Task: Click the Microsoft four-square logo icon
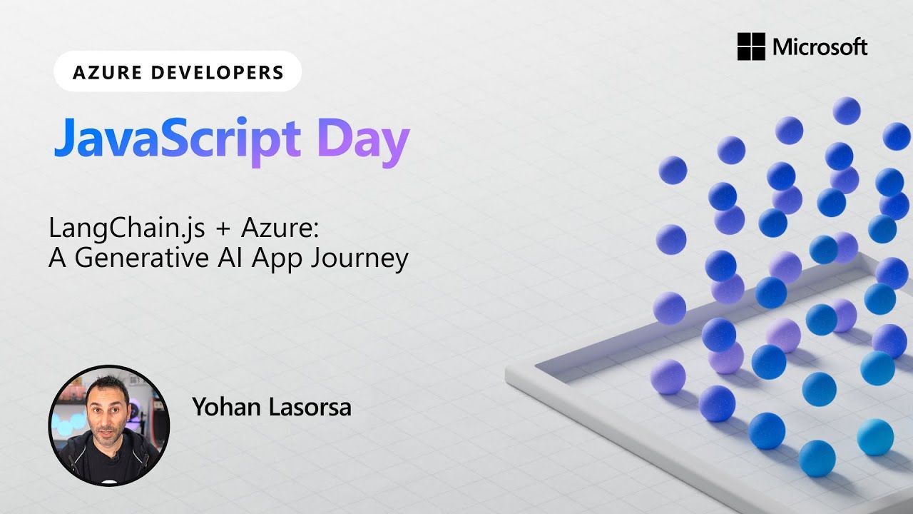tap(751, 46)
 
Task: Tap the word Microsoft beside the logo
tap(820, 47)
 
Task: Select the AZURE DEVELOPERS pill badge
tap(178, 72)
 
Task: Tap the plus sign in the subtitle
tap(223, 229)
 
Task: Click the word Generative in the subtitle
tap(136, 258)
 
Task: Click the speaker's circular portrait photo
tap(108, 425)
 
